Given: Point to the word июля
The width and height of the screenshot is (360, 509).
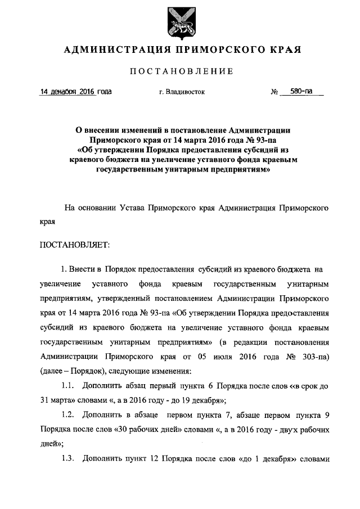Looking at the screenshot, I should tap(220, 357).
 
